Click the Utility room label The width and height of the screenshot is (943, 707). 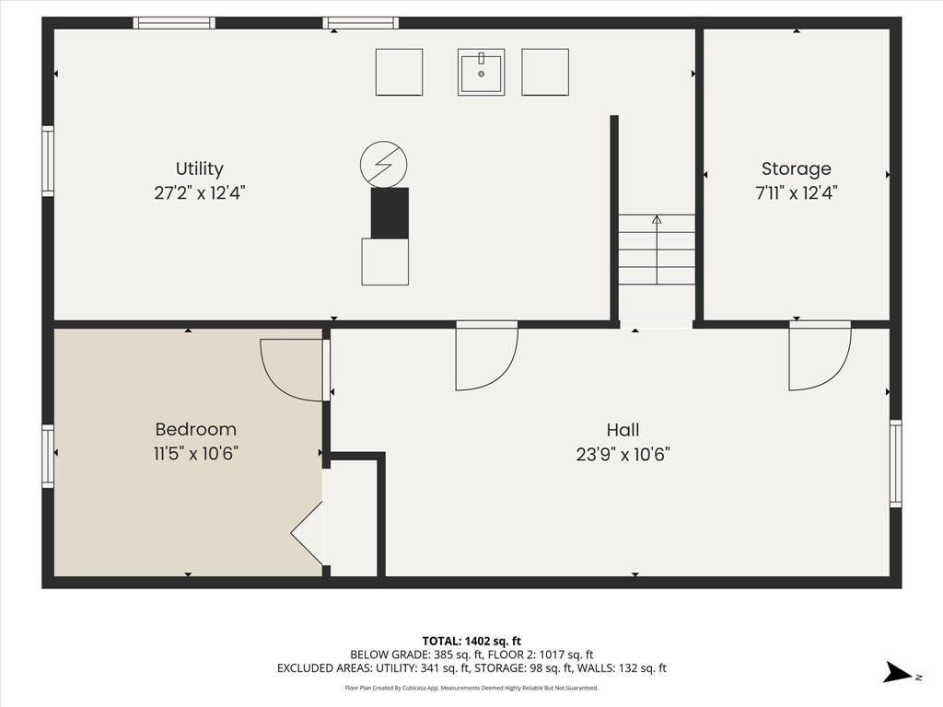point(200,168)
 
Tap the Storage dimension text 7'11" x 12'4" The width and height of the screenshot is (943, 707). point(796,193)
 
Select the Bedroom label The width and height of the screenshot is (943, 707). point(195,429)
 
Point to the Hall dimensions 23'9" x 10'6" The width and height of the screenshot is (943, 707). point(623,454)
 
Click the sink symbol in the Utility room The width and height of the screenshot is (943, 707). point(481,72)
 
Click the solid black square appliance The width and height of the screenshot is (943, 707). point(389,213)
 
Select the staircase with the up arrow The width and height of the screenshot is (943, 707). point(656,249)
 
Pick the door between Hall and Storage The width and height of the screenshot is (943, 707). point(819,355)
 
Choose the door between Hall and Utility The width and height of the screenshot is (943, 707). point(486,355)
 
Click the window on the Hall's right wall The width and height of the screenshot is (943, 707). point(895,463)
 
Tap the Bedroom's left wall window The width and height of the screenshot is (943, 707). point(48,456)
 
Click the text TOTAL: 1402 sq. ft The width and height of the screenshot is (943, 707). point(471,641)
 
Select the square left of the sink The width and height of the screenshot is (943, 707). point(399,72)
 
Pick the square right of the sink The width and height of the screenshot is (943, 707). point(545,72)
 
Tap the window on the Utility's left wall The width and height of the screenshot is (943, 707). point(48,161)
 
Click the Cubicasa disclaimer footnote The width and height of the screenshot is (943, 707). point(471,688)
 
